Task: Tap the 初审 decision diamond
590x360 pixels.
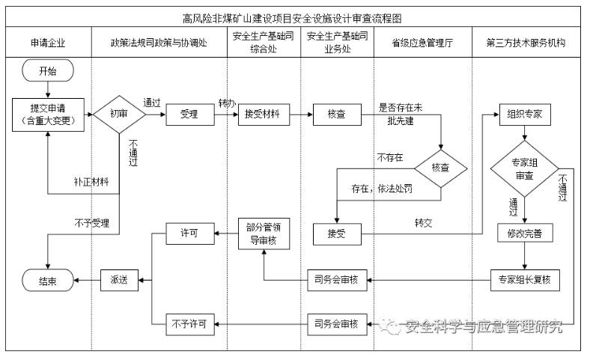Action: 118,115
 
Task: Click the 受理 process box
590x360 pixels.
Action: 189,115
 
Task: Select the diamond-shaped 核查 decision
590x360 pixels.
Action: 440,168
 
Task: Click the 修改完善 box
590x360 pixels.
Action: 524,233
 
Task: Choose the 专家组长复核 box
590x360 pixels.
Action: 524,280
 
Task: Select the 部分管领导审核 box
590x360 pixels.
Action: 262,233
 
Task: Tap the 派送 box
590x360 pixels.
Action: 119,280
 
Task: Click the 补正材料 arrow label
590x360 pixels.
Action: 91,181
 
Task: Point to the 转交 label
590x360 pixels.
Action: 425,223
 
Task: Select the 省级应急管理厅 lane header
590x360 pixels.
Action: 422,43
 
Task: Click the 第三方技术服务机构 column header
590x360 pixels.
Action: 530,43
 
